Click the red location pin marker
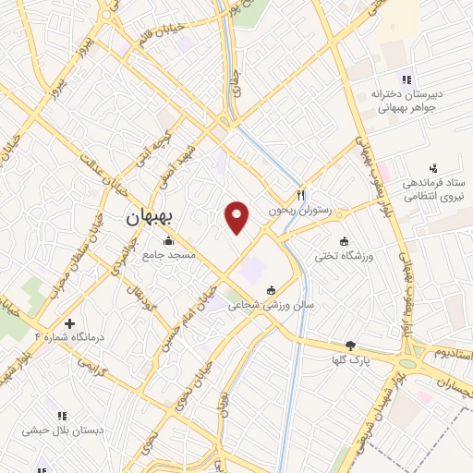click(x=238, y=217)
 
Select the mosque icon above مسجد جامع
click(x=167, y=242)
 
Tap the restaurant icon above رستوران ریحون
click(x=300, y=195)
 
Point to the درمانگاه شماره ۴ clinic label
click(x=69, y=337)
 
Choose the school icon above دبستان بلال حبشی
click(x=62, y=417)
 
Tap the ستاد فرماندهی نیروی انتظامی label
click(x=432, y=188)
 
